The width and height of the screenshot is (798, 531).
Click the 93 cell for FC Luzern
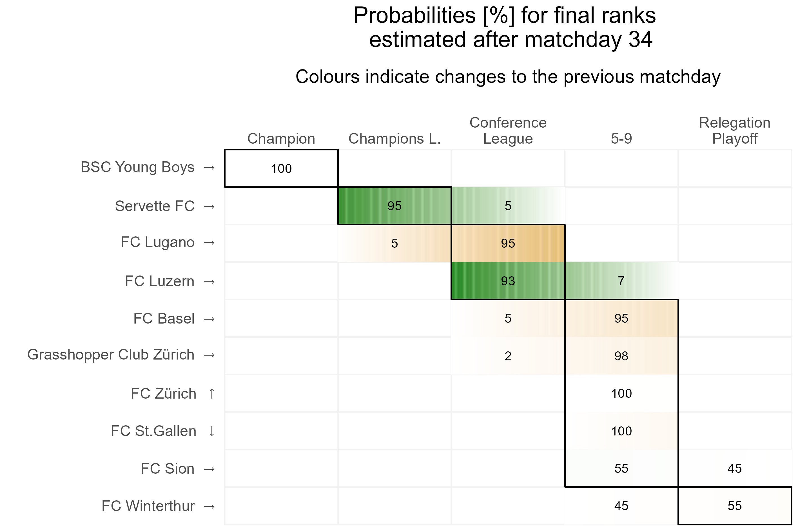click(x=508, y=281)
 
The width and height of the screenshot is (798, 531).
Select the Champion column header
click(x=281, y=139)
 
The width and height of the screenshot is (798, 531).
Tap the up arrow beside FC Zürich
click(x=212, y=394)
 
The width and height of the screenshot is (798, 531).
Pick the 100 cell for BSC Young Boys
click(x=281, y=169)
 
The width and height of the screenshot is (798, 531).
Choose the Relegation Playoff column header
click(x=735, y=131)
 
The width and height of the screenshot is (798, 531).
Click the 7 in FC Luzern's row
click(x=621, y=281)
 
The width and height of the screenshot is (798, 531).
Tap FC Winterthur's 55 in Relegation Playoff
click(x=735, y=506)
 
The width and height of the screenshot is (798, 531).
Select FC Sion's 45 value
click(x=735, y=469)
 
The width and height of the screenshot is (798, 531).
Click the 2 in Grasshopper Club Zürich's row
click(x=508, y=356)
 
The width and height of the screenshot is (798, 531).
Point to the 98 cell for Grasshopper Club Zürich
click(x=621, y=356)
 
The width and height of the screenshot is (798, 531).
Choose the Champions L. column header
click(x=394, y=139)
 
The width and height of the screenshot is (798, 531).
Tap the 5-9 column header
click(x=621, y=139)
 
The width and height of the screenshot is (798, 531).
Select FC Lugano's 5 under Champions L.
click(x=394, y=243)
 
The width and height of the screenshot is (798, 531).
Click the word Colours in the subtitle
click(x=327, y=77)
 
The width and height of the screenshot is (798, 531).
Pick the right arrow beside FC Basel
click(x=209, y=319)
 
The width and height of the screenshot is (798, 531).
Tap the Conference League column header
click(x=508, y=131)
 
